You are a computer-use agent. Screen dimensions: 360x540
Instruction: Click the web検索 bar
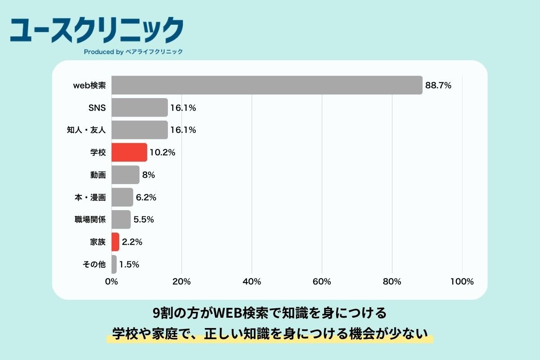267,85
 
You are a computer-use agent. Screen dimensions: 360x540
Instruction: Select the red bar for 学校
129,153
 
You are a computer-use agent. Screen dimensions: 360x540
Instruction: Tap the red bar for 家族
115,242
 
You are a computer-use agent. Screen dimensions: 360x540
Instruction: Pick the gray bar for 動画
125,175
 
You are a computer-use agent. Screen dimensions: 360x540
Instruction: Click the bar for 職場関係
121,220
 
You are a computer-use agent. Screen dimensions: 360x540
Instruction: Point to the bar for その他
114,265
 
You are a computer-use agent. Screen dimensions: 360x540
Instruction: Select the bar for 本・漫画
122,197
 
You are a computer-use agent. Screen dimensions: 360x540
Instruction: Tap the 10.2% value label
162,153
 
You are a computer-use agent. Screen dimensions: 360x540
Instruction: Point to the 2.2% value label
132,242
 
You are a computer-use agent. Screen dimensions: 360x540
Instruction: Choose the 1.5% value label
129,265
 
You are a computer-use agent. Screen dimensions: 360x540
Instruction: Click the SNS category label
97,108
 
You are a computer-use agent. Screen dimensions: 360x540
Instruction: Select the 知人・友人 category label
86,130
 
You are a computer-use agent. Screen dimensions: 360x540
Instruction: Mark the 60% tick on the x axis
322,282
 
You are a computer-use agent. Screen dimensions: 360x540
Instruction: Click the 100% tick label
462,282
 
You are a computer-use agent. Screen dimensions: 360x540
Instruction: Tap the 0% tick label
112,282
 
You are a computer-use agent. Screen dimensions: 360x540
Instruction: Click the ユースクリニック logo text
97,30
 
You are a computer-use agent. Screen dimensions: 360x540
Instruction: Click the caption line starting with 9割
270,312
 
